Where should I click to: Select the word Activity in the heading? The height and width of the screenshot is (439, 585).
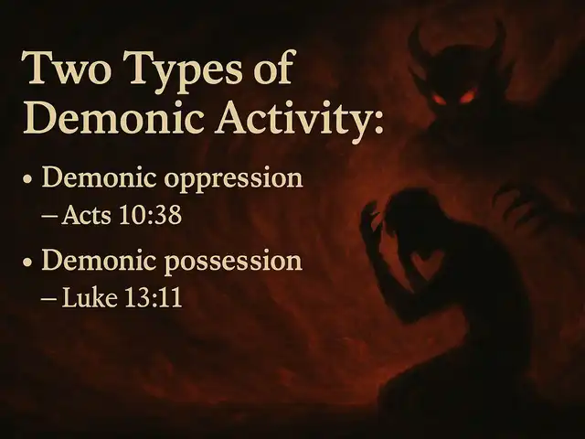[x=300, y=118]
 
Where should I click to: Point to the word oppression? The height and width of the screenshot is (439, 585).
[x=233, y=179]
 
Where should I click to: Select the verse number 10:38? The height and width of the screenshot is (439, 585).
[x=151, y=215]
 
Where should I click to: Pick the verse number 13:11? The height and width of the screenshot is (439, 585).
[x=153, y=297]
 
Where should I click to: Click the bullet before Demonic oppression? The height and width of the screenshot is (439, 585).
[x=27, y=179]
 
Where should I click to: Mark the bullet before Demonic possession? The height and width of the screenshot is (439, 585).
[x=27, y=262]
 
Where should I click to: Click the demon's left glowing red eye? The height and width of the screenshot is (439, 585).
[x=439, y=100]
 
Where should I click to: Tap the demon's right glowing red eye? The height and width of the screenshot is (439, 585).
[x=468, y=95]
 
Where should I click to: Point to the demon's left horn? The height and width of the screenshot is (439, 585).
[x=418, y=45]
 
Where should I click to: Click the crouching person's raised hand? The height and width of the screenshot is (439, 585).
[x=371, y=224]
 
